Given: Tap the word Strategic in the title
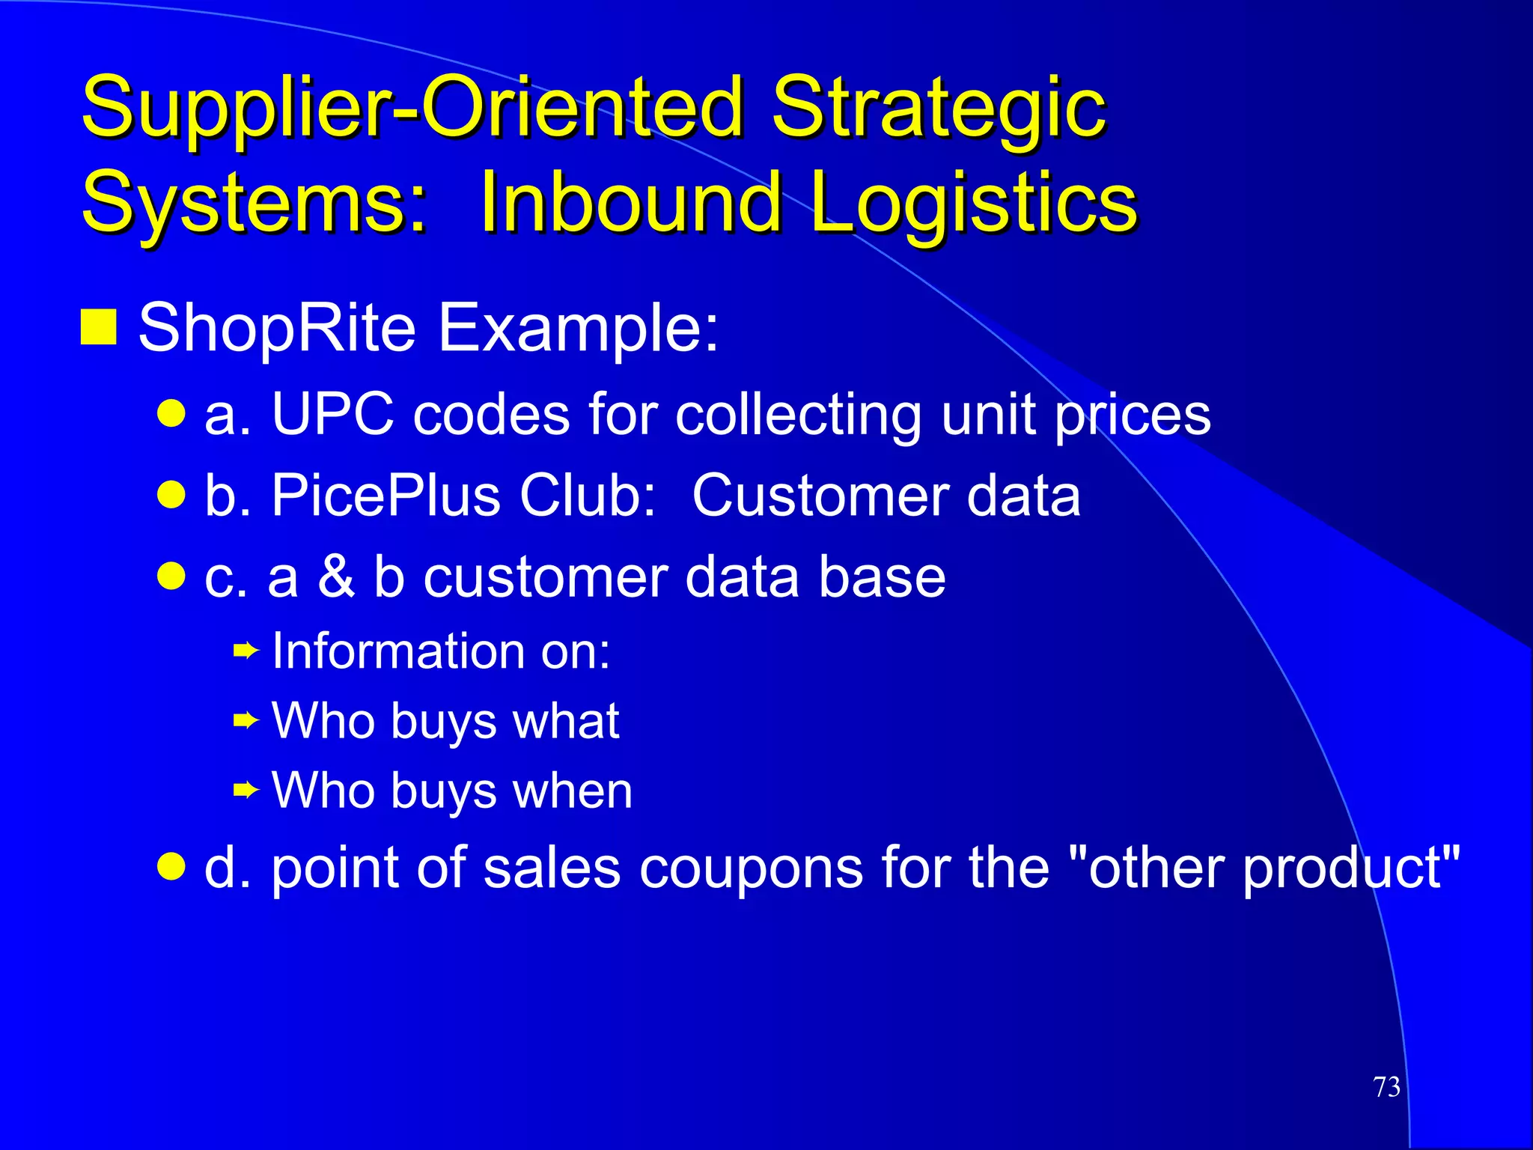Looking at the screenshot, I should (x=939, y=109).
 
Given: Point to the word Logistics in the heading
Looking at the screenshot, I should (x=973, y=203).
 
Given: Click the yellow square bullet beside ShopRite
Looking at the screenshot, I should (x=98, y=326).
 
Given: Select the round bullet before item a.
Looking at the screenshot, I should (x=171, y=413).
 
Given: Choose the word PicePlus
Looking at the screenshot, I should (x=385, y=496).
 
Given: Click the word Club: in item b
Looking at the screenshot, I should (x=588, y=496).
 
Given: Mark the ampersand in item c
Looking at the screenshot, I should (x=336, y=577).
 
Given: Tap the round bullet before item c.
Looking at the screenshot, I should (x=171, y=576).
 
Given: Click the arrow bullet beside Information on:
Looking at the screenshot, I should (x=246, y=651).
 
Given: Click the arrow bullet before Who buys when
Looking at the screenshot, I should (x=246, y=790).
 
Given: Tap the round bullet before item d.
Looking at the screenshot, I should (x=171, y=867).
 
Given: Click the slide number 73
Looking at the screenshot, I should (x=1386, y=1087).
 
